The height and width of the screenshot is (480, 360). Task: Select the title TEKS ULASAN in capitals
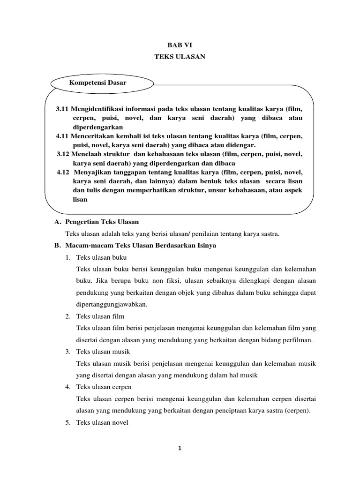(x=180, y=56)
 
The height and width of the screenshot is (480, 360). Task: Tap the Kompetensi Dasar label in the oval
(x=97, y=83)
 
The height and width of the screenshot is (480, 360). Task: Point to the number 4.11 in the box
(x=62, y=136)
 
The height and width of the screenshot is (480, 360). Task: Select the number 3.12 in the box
(x=63, y=154)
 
